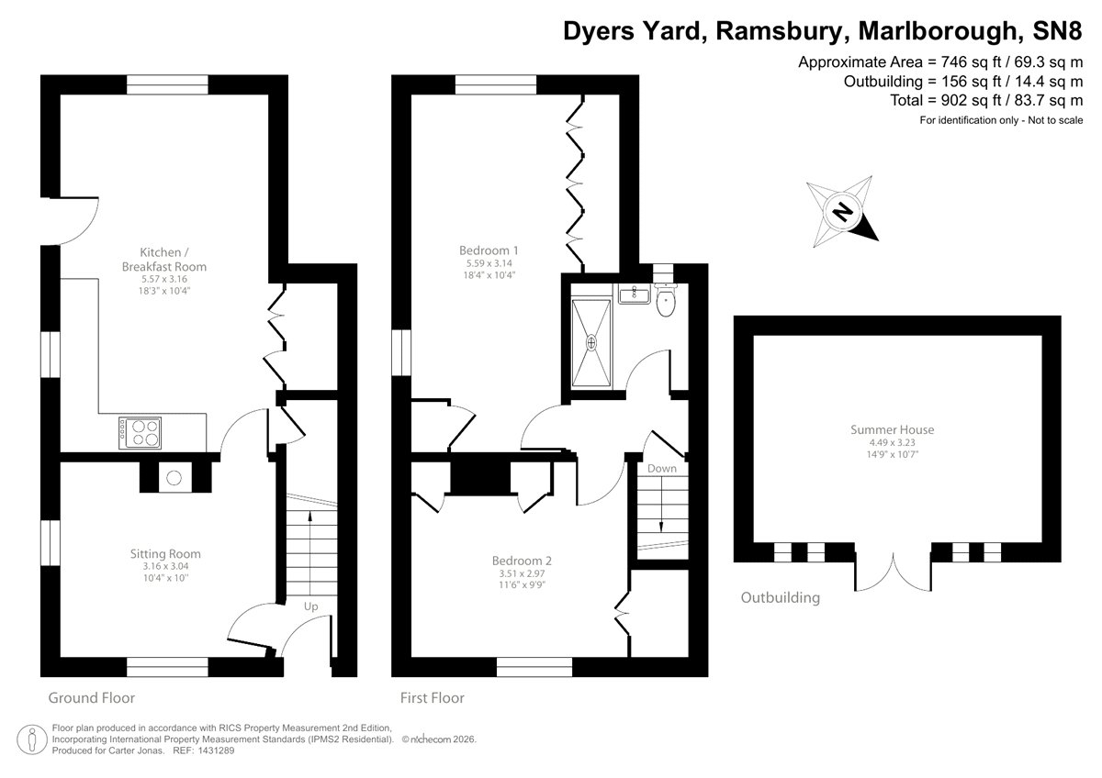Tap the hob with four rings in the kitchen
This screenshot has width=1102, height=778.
point(140,432)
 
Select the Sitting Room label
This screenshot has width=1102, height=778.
point(164,553)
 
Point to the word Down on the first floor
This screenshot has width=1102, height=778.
point(661,469)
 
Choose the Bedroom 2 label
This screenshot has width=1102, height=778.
point(522,561)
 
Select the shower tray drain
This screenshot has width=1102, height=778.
point(591,343)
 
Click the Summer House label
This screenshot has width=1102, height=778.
point(892,429)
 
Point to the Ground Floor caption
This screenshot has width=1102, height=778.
point(91,698)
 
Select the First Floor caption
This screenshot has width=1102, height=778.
point(432,698)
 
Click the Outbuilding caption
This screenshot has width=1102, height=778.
point(780,598)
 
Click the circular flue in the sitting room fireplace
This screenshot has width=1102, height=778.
point(173,476)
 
